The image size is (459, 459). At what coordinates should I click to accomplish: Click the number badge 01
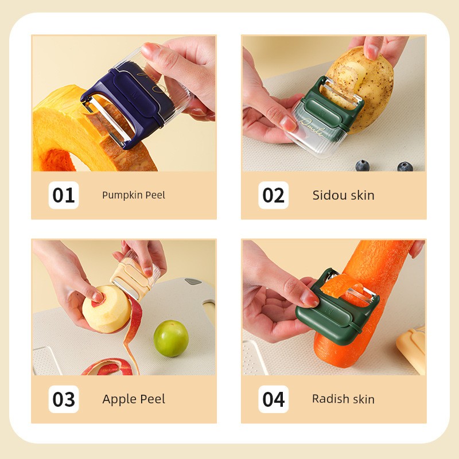tap(64, 195)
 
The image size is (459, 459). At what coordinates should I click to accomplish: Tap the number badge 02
tap(274, 195)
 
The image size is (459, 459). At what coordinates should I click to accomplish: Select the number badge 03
tap(64, 399)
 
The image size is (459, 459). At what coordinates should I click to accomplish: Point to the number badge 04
tap(274, 399)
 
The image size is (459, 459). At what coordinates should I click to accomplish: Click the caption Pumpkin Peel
tap(134, 195)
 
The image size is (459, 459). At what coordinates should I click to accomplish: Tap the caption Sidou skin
tap(343, 195)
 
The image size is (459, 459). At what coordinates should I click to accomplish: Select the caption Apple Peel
tap(134, 399)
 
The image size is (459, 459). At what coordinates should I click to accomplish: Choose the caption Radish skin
tap(343, 399)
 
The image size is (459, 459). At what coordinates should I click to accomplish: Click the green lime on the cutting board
tap(171, 339)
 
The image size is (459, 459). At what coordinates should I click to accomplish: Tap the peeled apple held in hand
tap(106, 309)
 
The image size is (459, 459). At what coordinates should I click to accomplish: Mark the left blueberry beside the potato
tap(363, 165)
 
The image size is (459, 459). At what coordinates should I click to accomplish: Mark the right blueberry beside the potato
tap(405, 166)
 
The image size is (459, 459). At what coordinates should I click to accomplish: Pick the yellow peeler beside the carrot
tap(411, 348)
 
